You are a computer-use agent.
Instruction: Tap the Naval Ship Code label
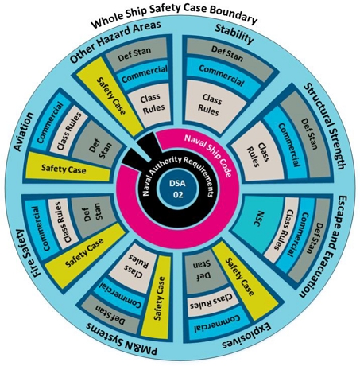(207, 155)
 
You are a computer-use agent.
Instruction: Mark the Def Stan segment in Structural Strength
(308, 134)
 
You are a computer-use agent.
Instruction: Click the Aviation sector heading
(25, 131)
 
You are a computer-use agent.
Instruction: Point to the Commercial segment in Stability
(222, 75)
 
